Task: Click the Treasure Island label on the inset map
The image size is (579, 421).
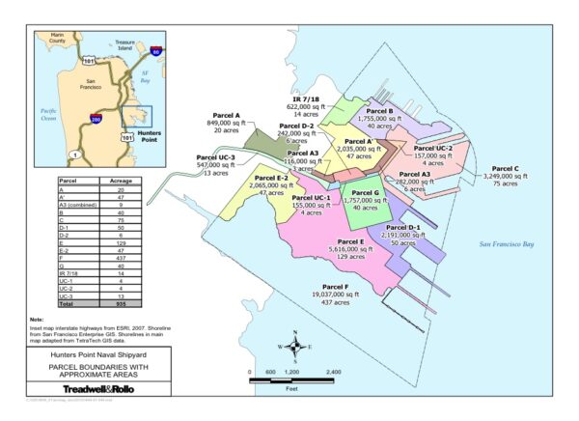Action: (x=124, y=43)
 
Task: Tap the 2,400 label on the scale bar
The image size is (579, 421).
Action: (x=333, y=372)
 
